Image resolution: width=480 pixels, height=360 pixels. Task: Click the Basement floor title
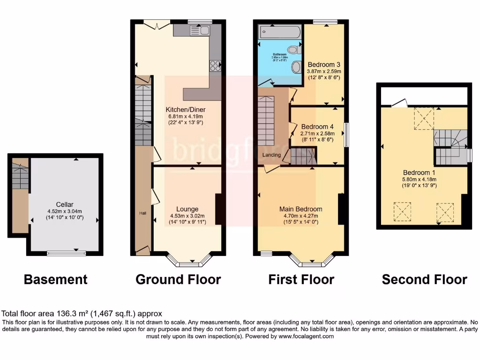coord(55,280)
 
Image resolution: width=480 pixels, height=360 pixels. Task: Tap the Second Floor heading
coord(424,280)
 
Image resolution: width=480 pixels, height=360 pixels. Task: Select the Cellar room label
coord(64,204)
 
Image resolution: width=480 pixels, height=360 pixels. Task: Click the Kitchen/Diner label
coord(187,110)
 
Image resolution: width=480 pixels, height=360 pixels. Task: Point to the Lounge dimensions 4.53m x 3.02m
coord(187,216)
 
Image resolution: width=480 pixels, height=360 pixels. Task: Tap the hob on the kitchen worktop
coord(216,66)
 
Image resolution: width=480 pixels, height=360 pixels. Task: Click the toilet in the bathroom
coord(294,49)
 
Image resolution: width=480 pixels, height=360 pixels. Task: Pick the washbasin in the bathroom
coord(296,67)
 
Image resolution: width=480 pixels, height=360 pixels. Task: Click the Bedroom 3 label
coord(323,65)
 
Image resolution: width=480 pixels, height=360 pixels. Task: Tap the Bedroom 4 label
coord(317,127)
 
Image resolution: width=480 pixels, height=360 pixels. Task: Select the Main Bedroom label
coord(300,209)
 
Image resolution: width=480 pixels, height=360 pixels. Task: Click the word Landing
coord(271,155)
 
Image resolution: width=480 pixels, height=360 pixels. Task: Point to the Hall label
coord(142,213)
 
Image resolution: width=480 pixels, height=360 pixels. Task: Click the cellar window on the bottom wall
coord(66,253)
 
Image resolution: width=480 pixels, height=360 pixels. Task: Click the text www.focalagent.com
coord(306,336)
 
